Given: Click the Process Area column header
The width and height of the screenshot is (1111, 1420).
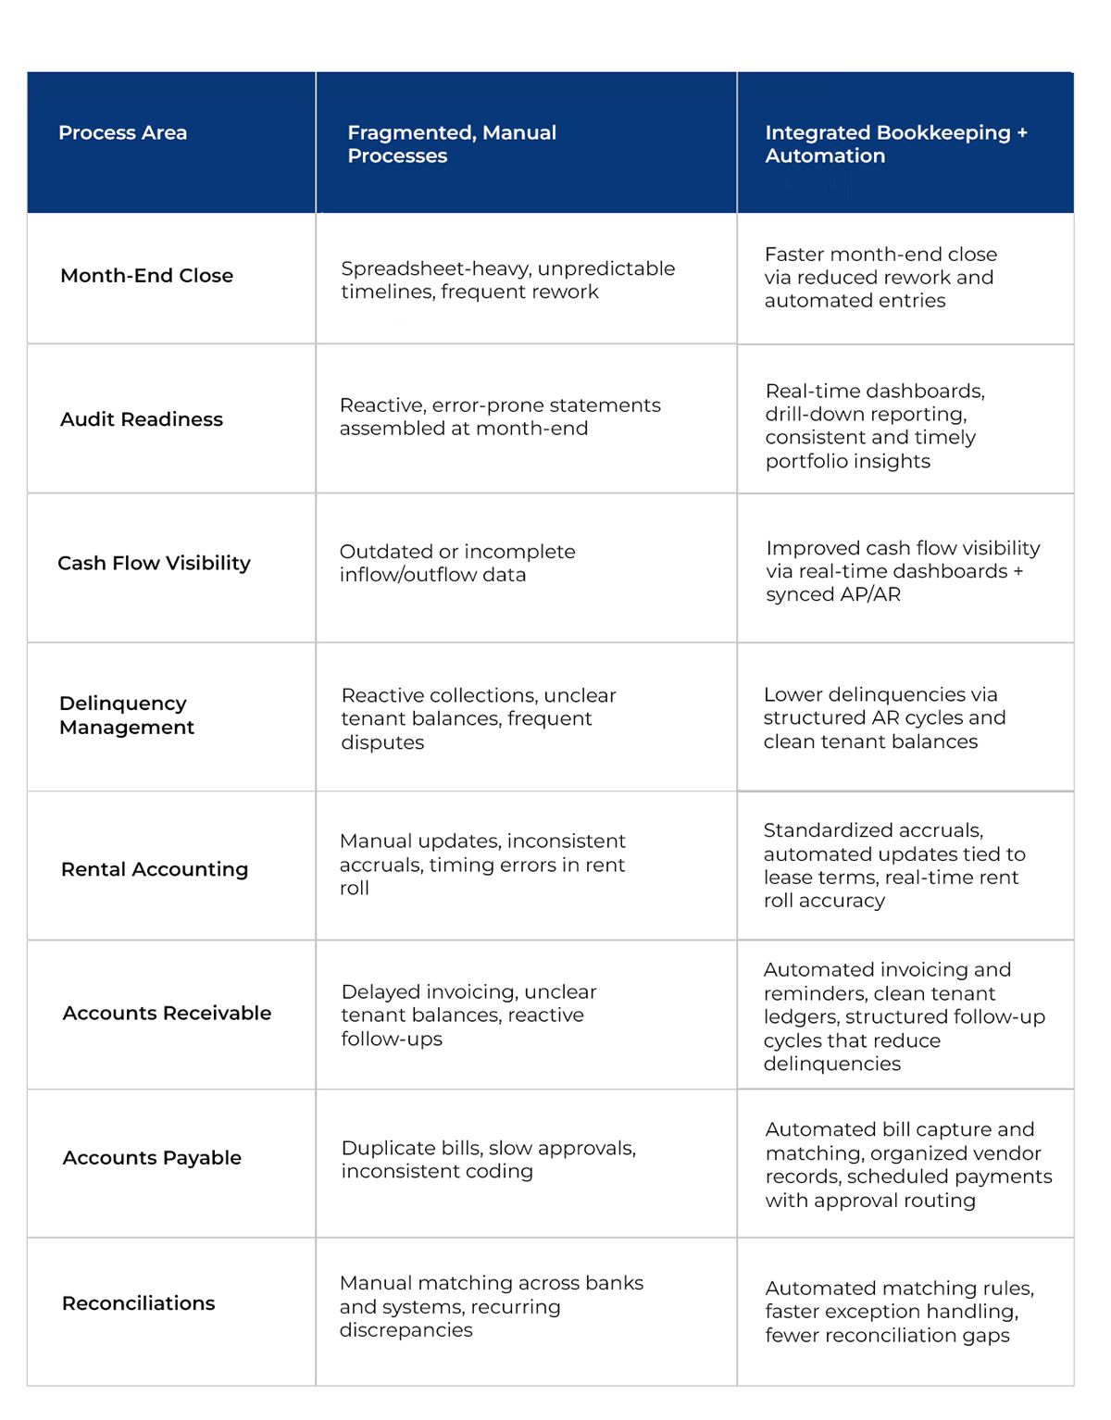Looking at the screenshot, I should (123, 133).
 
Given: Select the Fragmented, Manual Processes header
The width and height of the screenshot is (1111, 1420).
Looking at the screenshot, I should (452, 144).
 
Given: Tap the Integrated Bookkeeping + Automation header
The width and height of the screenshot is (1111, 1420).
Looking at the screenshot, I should (895, 144).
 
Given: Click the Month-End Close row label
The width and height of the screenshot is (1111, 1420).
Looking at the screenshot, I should (146, 276).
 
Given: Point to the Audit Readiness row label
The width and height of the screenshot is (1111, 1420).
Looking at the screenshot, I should (142, 419).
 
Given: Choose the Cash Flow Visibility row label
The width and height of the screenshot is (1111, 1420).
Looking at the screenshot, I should (154, 563).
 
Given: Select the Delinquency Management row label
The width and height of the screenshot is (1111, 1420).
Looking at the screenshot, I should (127, 716).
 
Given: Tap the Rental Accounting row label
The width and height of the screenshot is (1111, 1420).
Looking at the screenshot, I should (155, 869).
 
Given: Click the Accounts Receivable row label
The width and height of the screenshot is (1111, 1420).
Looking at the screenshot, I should (167, 1014).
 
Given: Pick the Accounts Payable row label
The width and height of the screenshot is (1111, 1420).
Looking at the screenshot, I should (152, 1158).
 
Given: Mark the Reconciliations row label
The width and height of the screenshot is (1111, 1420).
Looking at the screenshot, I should (138, 1303).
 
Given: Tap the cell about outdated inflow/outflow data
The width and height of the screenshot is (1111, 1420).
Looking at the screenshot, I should (457, 563).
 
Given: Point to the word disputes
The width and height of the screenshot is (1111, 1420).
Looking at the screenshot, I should (382, 742).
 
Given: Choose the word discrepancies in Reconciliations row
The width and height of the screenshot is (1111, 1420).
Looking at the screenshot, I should (406, 1330).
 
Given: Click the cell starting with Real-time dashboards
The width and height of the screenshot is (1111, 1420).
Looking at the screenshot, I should (875, 426).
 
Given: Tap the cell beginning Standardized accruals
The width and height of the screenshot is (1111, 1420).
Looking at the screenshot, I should (894, 866).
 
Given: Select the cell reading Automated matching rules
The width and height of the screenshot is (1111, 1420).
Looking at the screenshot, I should (899, 1312).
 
